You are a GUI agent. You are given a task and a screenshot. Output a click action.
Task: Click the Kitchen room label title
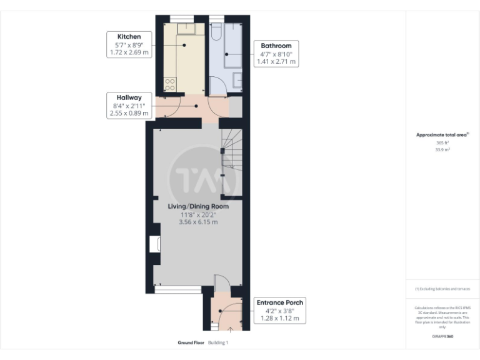(129, 36)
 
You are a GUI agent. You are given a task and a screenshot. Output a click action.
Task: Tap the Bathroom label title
(276, 46)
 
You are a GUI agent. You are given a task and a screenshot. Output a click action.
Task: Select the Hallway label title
(129, 97)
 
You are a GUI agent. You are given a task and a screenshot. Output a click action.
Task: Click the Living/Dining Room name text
(197, 206)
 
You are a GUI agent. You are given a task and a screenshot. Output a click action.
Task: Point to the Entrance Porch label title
(279, 302)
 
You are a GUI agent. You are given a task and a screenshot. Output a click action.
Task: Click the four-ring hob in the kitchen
(170, 84)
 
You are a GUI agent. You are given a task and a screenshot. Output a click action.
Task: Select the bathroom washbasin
(237, 79)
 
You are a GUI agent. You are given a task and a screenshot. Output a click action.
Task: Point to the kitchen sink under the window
(186, 29)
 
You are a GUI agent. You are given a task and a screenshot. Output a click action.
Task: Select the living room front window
(178, 290)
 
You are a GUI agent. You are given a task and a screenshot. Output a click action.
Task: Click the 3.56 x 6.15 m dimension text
(197, 221)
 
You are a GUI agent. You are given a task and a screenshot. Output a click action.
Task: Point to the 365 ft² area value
(442, 143)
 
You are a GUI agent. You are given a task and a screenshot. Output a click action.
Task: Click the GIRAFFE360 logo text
(442, 337)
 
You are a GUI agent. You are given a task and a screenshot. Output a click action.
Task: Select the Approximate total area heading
(442, 134)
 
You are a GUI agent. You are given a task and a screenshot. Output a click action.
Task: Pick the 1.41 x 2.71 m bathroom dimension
(276, 62)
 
